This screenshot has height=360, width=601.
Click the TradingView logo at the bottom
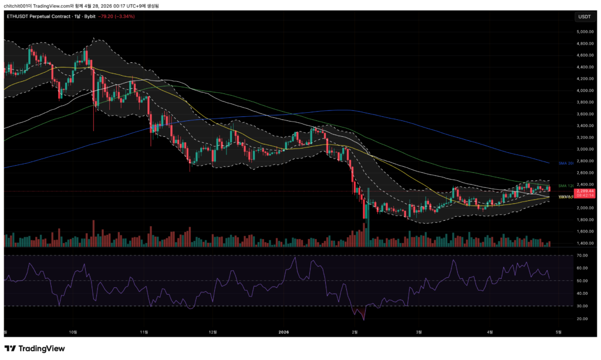point(35,348)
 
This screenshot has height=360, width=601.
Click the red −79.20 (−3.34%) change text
point(117,16)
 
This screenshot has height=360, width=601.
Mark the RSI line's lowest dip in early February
point(364,320)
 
